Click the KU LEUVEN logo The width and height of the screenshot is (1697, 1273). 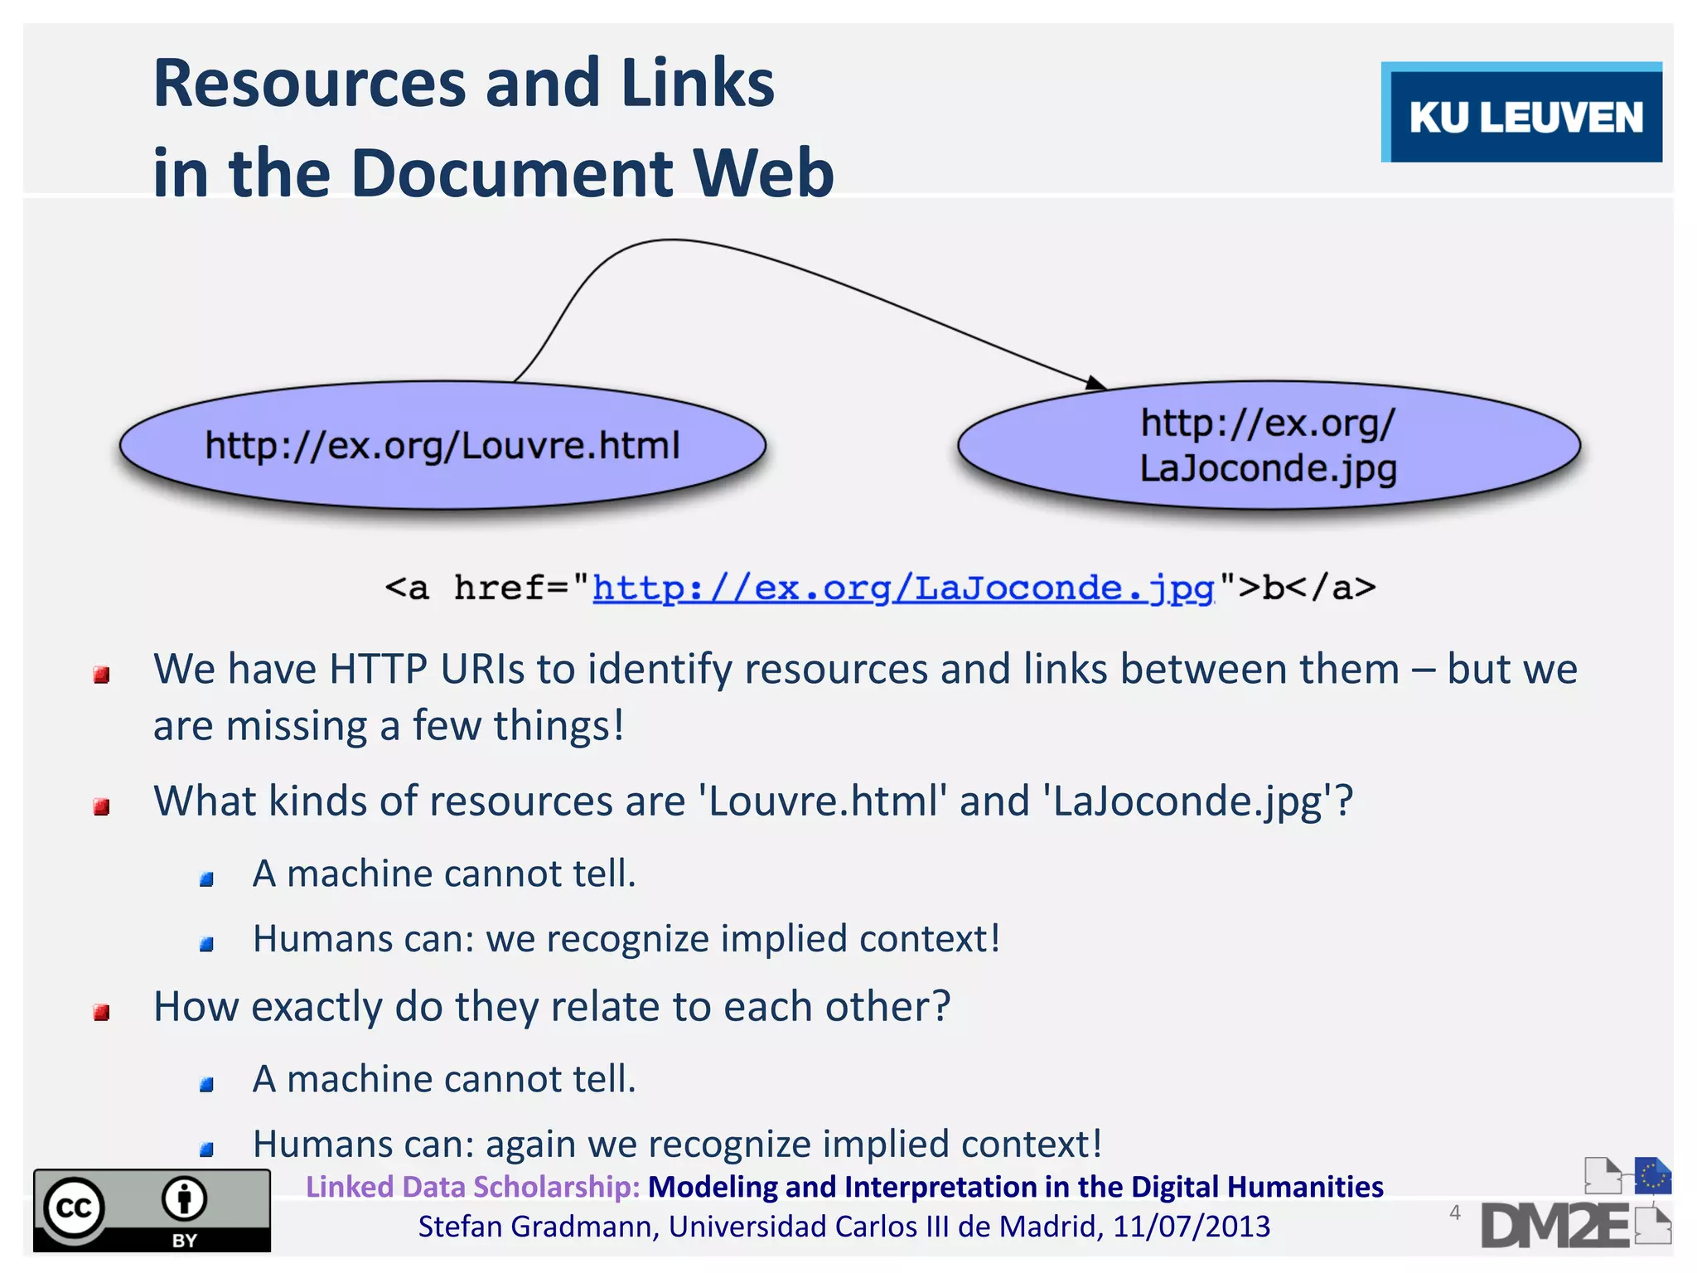pos(1523,114)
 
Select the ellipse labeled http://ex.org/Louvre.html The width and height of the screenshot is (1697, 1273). pos(442,445)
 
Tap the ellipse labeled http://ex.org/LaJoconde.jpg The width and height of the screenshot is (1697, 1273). pos(1269,445)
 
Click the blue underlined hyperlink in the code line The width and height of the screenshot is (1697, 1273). pos(903,588)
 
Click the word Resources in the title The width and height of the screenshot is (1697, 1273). pos(309,84)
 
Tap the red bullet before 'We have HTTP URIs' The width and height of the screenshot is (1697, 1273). pos(102,675)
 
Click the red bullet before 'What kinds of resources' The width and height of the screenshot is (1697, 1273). pos(102,806)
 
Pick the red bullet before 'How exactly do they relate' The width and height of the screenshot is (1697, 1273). pos(102,1012)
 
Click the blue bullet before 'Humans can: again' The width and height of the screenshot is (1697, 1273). pos(207,1149)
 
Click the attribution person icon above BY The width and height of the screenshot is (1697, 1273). pos(184,1198)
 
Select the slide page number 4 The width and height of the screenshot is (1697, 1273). pos(1455,1213)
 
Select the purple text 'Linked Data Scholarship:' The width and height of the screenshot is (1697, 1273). pos(472,1187)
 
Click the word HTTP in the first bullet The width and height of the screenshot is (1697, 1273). pos(378,669)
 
